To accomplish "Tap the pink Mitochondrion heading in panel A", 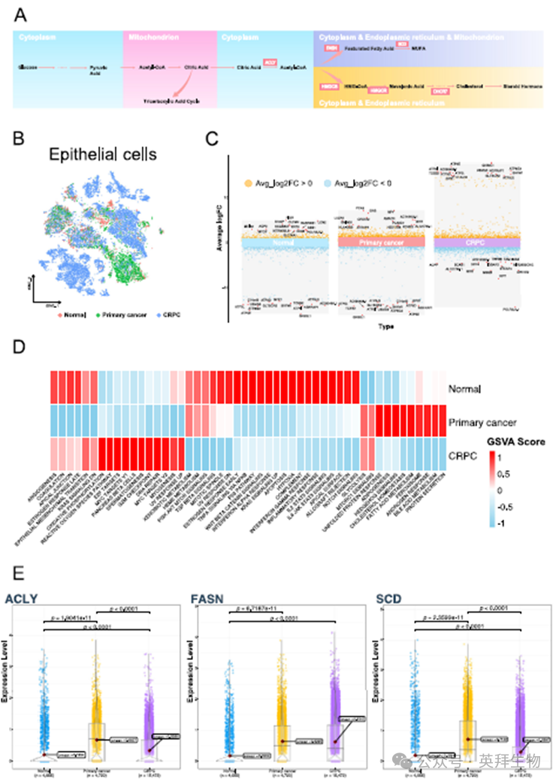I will (x=148, y=36).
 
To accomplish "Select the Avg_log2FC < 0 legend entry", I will (x=363, y=182).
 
